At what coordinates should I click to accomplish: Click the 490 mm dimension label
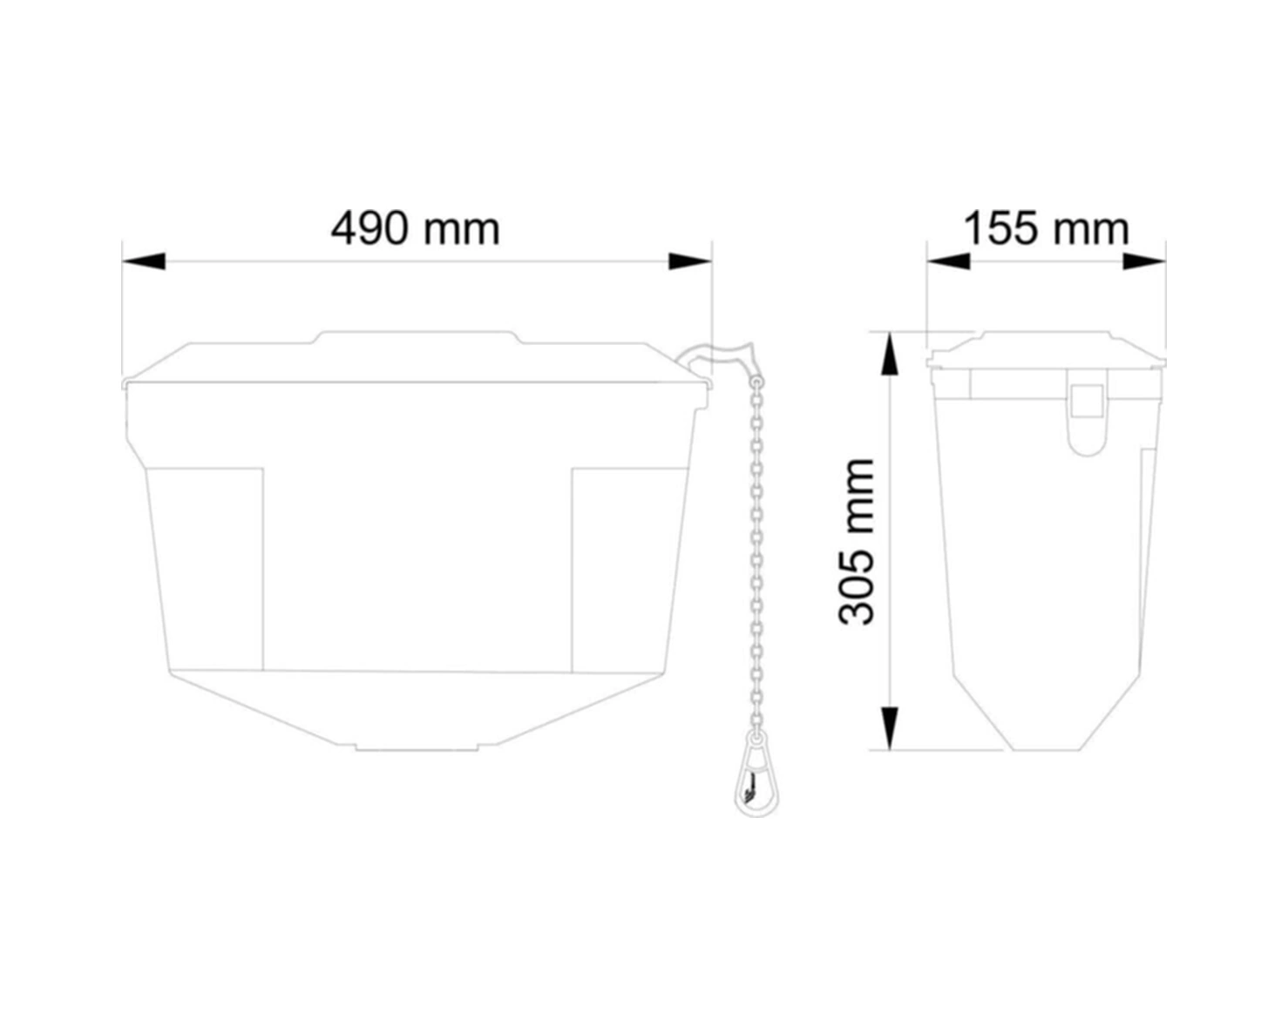[x=415, y=229]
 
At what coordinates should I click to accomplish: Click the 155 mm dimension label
[x=1047, y=229]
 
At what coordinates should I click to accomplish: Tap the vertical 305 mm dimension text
[x=857, y=542]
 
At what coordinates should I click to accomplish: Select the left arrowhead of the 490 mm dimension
[x=144, y=261]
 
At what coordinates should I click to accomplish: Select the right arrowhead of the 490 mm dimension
[x=690, y=261]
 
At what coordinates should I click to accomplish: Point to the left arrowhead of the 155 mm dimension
[x=949, y=261]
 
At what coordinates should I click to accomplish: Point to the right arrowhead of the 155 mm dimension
[x=1144, y=261]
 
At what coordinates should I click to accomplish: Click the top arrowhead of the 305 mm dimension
[x=890, y=354]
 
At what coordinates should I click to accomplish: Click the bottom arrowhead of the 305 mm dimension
[x=890, y=727]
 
